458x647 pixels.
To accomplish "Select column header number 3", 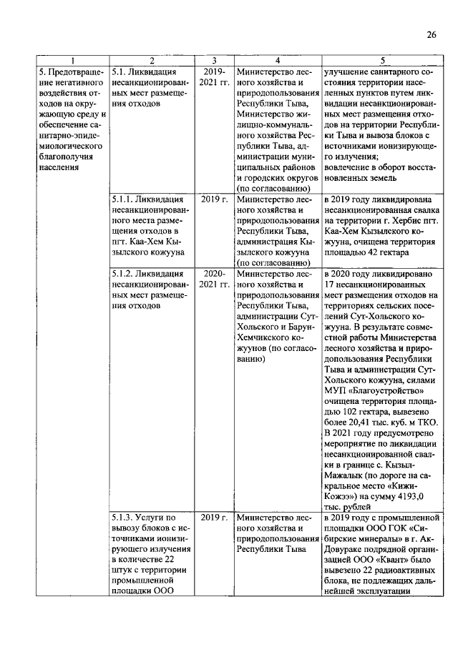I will coord(213,61).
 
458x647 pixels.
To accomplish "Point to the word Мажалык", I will coord(346,472).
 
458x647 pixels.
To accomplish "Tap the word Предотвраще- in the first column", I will coord(72,72).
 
